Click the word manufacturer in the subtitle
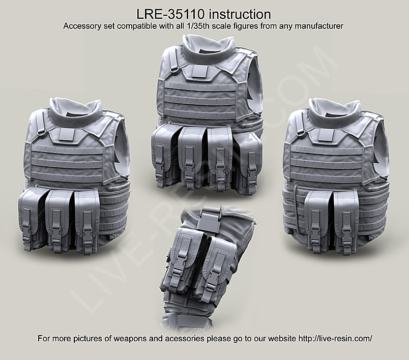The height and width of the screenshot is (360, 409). tap(319, 26)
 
